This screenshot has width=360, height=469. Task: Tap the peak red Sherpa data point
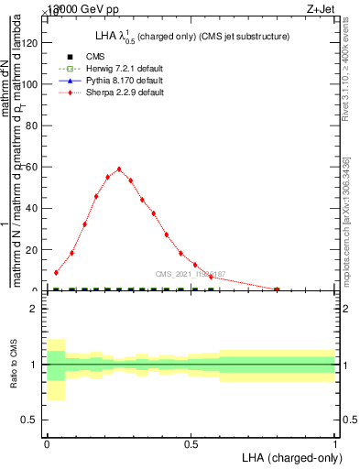pyautogui.click(x=119, y=169)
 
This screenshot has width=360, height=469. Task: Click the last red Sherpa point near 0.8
pyautogui.click(x=277, y=289)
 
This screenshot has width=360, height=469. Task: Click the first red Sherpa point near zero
pyautogui.click(x=57, y=272)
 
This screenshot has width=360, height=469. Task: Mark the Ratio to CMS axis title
pyautogui.click(x=14, y=365)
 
